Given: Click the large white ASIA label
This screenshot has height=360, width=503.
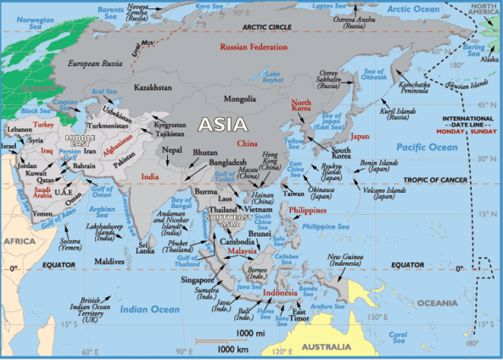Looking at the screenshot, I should click(223, 124).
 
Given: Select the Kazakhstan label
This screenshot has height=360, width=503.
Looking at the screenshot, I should click(154, 87).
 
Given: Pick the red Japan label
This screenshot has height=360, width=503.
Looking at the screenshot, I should click(360, 136).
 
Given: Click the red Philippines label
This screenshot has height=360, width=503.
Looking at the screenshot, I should click(309, 209).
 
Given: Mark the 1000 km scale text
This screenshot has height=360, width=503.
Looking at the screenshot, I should click(231, 349).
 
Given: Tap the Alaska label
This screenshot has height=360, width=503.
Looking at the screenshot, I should click(490, 59).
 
